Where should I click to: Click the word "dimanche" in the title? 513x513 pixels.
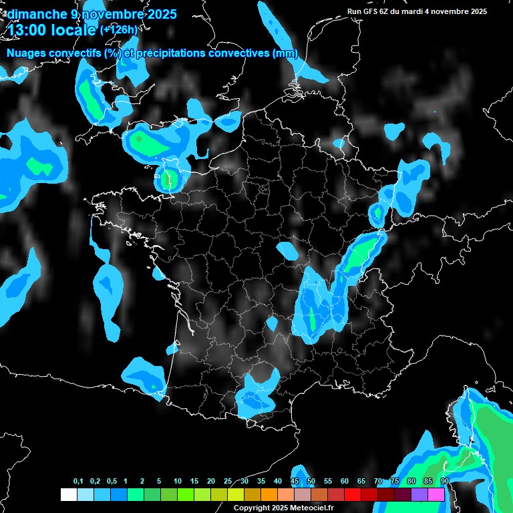point(37,14)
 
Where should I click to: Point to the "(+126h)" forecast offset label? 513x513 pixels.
point(118,29)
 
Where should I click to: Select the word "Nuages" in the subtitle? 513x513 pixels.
point(27,53)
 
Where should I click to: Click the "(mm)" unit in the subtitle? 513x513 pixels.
point(285,53)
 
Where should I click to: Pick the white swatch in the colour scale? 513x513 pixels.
point(68,494)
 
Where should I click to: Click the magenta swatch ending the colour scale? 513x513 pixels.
point(436,494)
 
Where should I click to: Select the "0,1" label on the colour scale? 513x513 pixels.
point(77,482)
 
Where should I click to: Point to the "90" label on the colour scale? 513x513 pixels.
point(445,482)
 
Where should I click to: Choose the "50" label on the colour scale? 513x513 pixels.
point(311,482)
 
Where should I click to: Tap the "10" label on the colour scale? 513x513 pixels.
point(178,482)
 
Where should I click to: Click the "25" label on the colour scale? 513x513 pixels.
point(228,482)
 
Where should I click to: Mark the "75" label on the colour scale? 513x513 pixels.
point(395,482)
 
